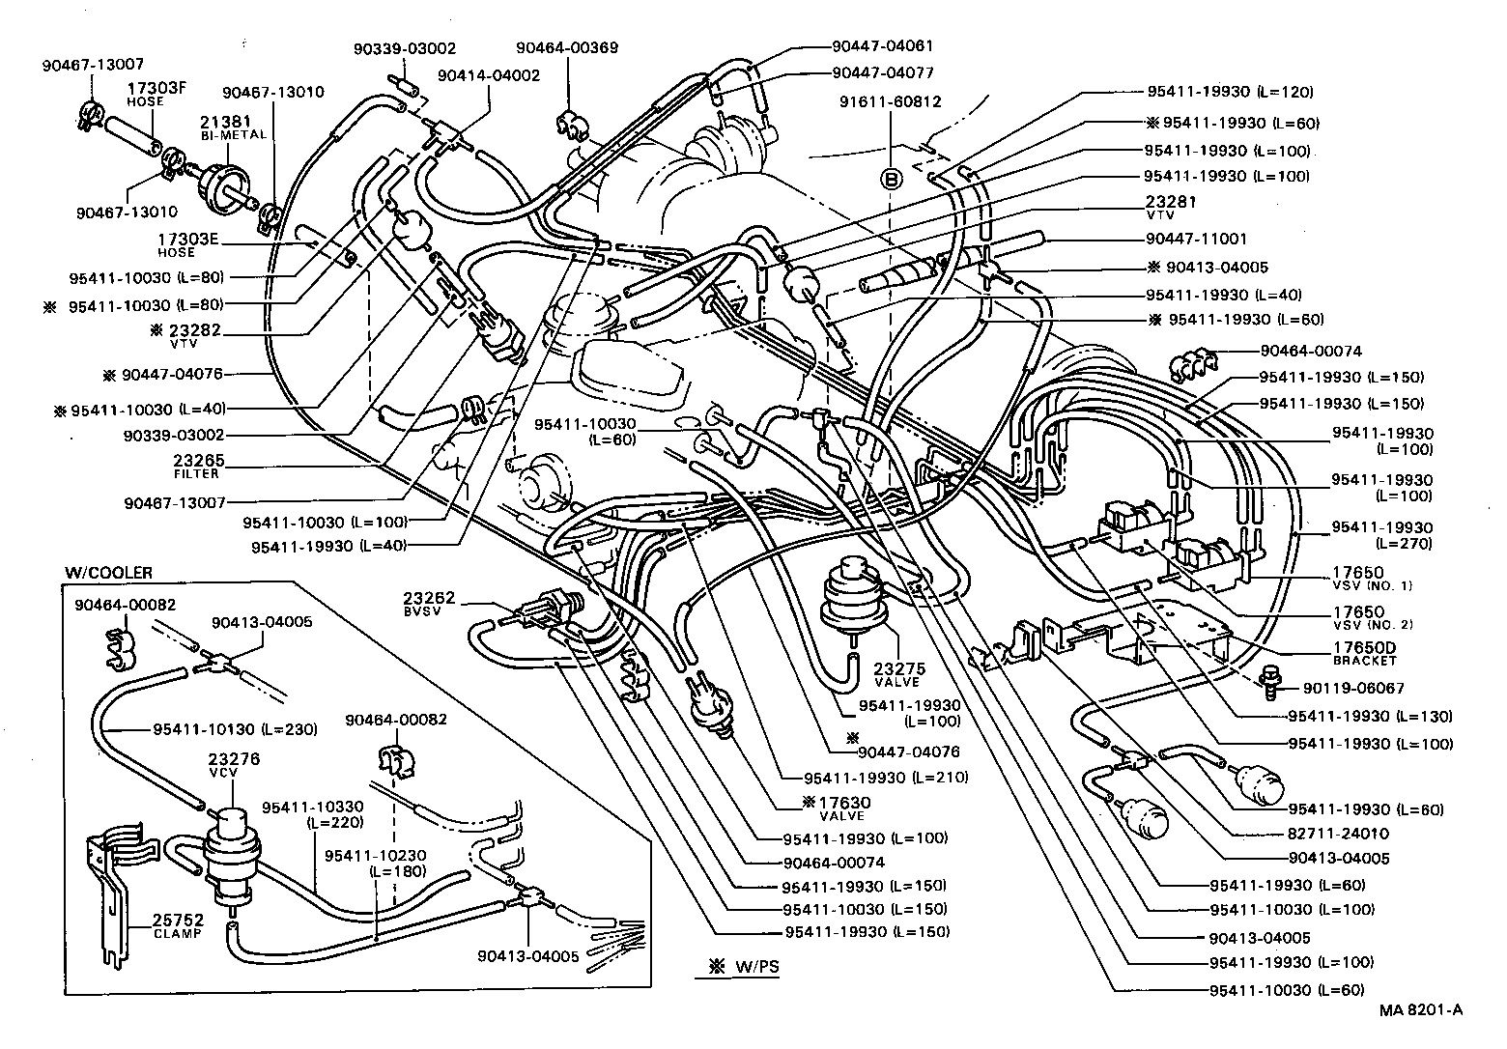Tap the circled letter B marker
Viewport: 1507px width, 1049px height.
[892, 179]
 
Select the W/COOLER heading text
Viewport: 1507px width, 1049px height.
[108, 574]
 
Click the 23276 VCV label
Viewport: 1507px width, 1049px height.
[235, 765]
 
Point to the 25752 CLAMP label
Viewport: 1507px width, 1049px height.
[178, 926]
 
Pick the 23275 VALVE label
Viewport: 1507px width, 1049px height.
[899, 674]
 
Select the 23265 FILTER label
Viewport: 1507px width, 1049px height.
[197, 467]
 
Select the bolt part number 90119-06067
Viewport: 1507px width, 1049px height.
[1352, 688]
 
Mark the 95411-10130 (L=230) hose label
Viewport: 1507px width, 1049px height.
[235, 729]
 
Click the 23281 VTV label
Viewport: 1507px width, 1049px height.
[1171, 208]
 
